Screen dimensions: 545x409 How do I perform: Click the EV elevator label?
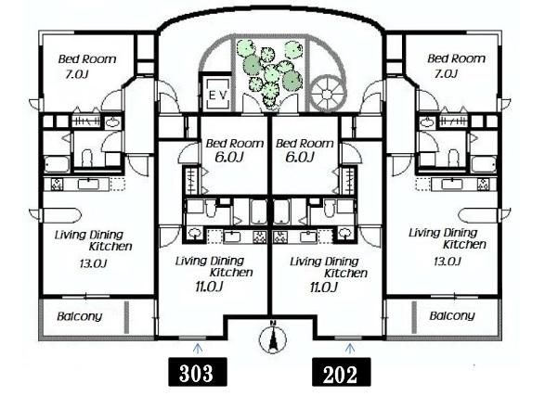[218, 95]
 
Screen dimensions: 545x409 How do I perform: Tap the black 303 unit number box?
[198, 372]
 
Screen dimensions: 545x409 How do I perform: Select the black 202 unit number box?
[341, 372]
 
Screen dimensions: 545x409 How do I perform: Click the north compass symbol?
[273, 338]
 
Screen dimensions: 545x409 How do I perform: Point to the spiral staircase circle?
[327, 94]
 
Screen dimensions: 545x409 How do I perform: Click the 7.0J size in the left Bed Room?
[77, 74]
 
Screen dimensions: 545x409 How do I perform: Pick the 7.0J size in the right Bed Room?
[446, 73]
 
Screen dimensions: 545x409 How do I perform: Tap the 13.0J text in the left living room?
[93, 263]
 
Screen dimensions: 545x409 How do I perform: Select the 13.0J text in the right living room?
[448, 262]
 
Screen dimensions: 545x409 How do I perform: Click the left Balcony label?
[80, 316]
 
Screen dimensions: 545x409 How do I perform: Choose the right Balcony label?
[452, 315]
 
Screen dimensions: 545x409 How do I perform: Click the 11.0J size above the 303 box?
[209, 287]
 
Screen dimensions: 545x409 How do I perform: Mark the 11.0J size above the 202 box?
[324, 288]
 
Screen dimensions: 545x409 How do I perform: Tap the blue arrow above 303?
[198, 348]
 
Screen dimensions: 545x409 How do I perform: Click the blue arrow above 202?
[350, 348]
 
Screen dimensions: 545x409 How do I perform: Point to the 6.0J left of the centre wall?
[228, 158]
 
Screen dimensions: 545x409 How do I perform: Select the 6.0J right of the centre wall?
[300, 158]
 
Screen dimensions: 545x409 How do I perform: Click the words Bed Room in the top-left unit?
[87, 59]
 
